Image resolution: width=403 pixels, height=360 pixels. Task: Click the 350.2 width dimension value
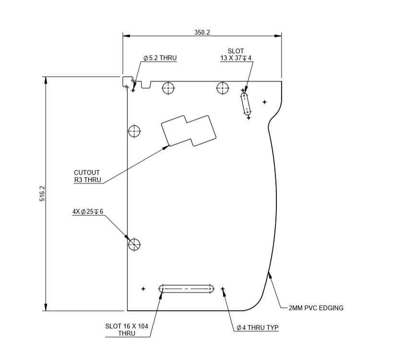[x=202, y=32]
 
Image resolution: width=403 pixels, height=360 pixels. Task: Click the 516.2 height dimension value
[x=42, y=193]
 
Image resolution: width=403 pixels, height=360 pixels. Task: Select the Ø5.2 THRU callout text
[x=160, y=58]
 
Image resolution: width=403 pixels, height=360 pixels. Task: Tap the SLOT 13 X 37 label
[x=236, y=54]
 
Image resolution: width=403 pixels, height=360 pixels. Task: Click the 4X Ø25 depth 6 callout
[x=88, y=212]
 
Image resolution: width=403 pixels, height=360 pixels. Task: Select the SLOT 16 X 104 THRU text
[x=127, y=329]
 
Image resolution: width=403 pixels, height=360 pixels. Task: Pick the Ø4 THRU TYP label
[x=257, y=328]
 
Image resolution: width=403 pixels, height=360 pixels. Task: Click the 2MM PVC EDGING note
[x=316, y=308]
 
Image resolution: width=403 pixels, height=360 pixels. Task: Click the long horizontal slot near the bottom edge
[x=187, y=288]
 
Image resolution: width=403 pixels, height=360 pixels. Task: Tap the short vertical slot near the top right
[x=246, y=104]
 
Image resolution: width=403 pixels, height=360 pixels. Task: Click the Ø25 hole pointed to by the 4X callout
[x=134, y=244]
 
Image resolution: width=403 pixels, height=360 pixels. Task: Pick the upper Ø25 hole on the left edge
[x=134, y=131]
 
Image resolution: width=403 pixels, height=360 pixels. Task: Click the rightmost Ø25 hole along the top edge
[x=222, y=88]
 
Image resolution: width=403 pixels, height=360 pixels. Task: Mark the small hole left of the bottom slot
[x=143, y=288]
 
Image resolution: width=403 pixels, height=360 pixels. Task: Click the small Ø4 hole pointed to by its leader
[x=223, y=288]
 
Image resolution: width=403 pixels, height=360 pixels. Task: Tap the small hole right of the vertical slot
[x=264, y=102]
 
